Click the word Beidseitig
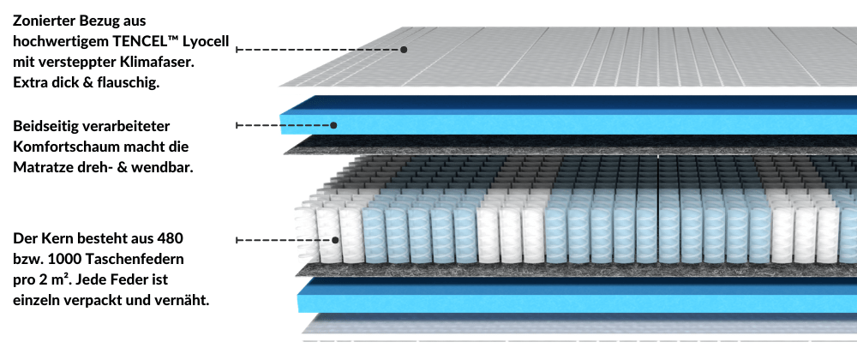[45, 126]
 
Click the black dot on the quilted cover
[404, 49]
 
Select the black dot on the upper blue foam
[334, 125]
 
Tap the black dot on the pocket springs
[335, 240]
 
